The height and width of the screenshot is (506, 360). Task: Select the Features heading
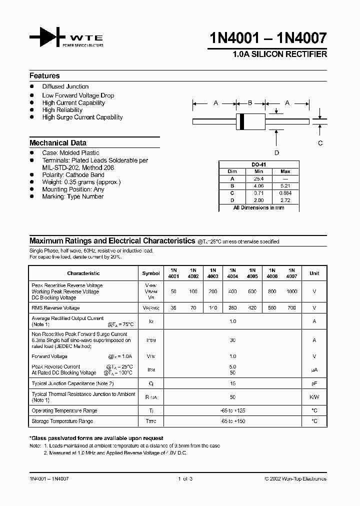point(44,76)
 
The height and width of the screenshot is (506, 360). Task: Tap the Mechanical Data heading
point(58,142)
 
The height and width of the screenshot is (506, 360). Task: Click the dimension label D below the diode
point(276,153)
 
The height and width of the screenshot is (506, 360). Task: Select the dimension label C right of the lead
point(320,143)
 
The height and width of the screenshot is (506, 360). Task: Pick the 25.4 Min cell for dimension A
point(258,178)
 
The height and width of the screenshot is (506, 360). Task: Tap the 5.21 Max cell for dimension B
point(285,185)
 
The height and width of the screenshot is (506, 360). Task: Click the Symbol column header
point(151,273)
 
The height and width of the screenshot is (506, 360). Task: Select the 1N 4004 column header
point(233,273)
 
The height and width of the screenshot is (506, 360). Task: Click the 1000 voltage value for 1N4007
point(291,291)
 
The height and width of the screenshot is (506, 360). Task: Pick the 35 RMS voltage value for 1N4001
point(173,308)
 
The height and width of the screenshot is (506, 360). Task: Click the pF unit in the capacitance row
point(314,383)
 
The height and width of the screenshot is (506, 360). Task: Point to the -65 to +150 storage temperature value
point(233,421)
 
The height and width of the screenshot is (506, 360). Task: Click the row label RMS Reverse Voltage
point(55,308)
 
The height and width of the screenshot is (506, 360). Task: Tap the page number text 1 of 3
point(184,478)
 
